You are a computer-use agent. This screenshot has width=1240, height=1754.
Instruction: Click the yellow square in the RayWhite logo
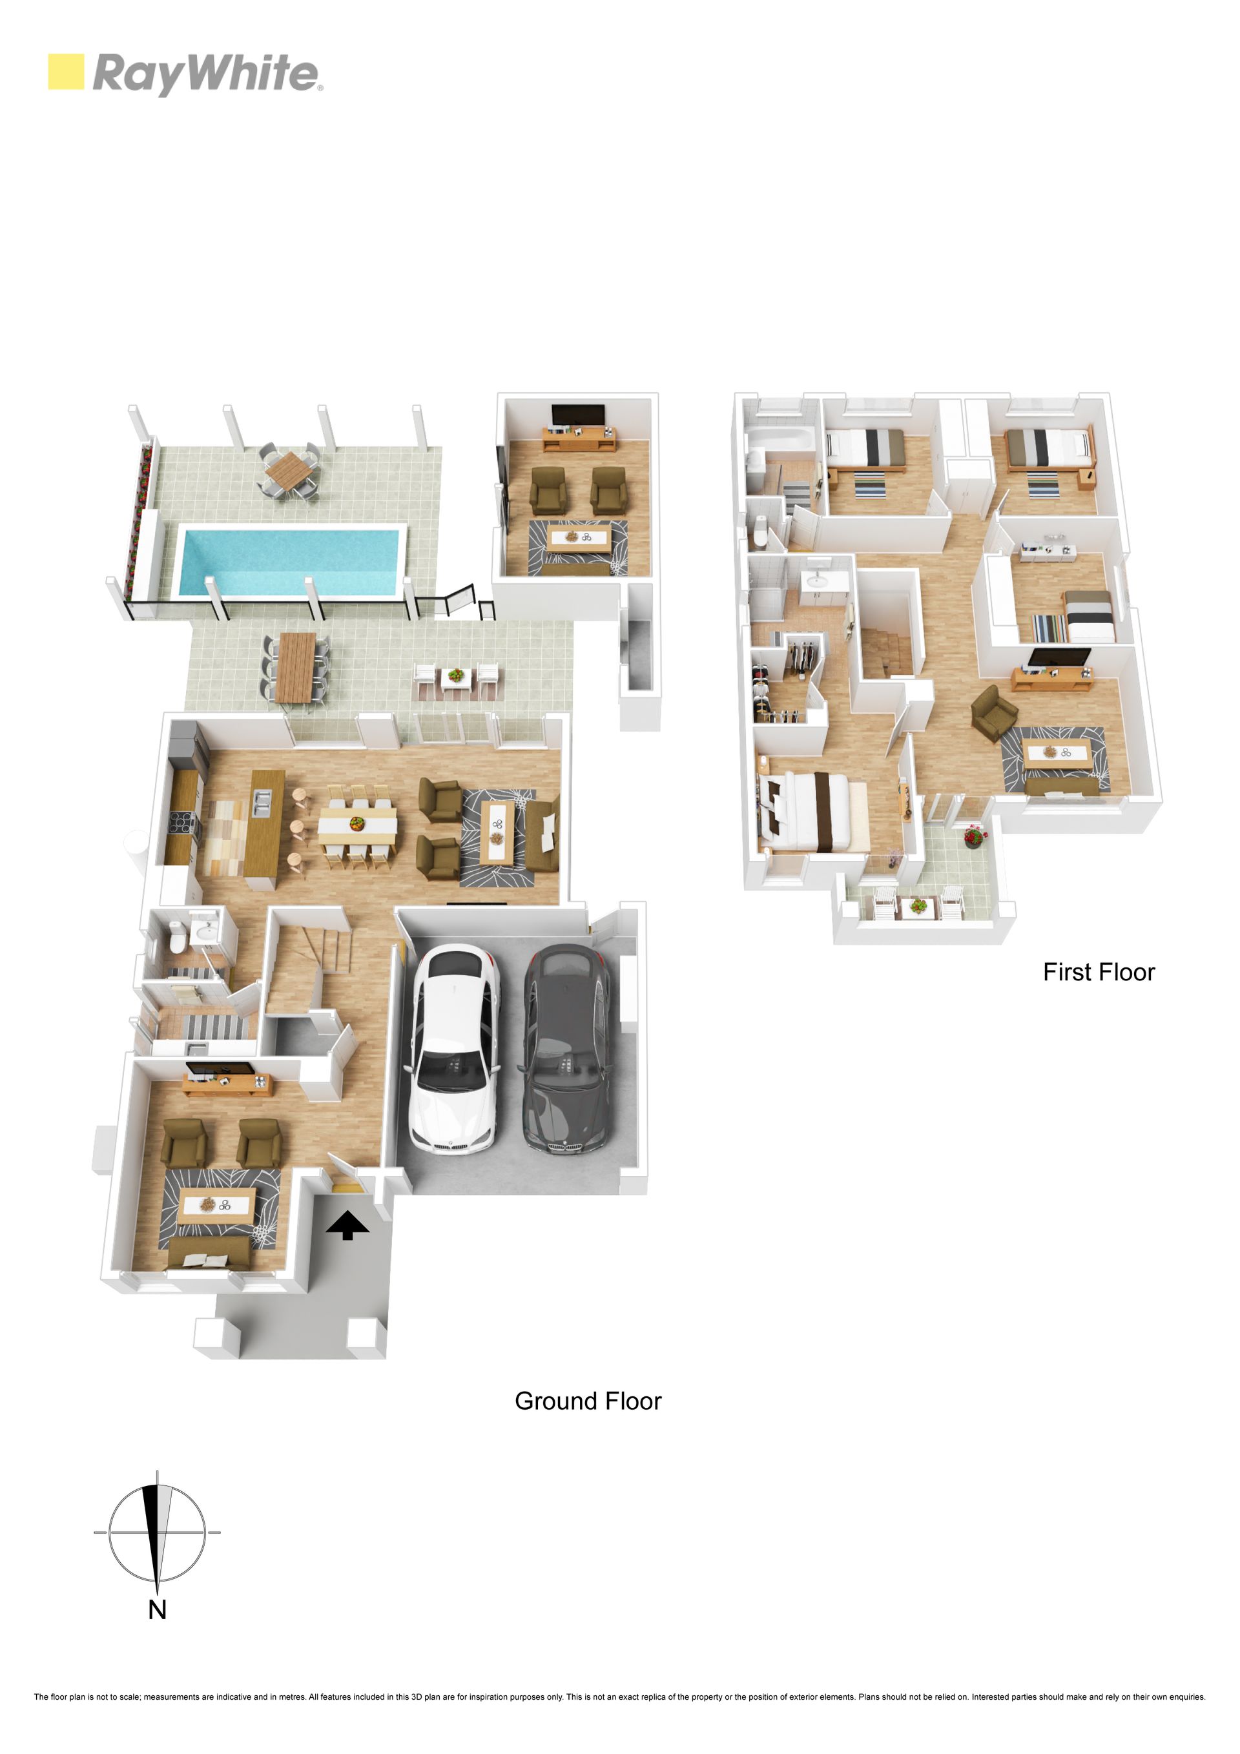tap(66, 72)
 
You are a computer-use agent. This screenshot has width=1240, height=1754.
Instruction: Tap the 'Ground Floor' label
tap(588, 1400)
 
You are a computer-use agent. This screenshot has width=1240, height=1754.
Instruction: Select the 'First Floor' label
tap(1099, 972)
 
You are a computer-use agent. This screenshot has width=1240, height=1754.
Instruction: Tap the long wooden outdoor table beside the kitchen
tap(296, 667)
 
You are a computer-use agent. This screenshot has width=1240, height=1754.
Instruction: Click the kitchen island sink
tap(262, 800)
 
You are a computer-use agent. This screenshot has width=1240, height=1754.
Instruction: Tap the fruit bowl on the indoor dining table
tap(356, 823)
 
